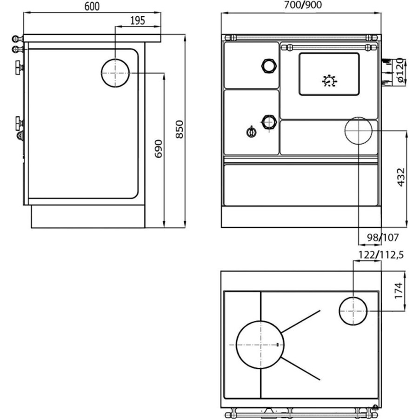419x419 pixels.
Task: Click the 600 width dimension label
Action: (92, 7)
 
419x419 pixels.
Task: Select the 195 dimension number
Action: (138, 20)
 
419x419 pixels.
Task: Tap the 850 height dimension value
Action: (180, 129)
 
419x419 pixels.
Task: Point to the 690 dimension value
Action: (159, 148)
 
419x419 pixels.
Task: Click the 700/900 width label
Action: (303, 5)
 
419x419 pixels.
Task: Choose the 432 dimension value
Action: (401, 177)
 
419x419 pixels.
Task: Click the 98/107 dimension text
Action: (383, 237)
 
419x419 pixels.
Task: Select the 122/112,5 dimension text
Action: (381, 255)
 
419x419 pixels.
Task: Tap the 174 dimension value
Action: (398, 291)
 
